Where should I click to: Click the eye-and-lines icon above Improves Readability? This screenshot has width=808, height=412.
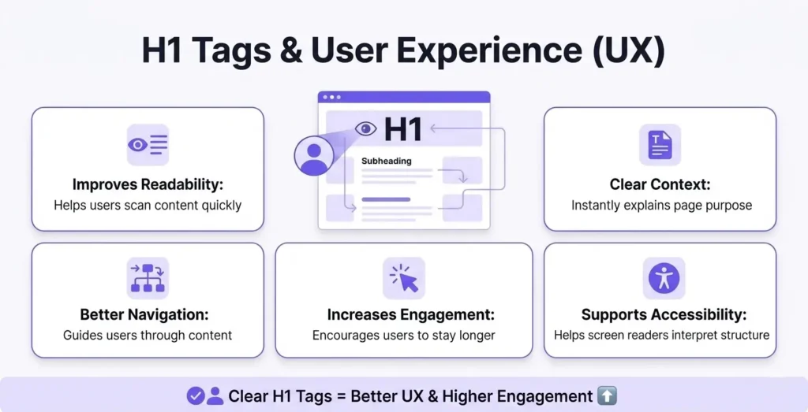(148, 145)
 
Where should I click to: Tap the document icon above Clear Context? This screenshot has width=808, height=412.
(660, 145)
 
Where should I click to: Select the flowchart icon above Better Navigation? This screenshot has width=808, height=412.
(148, 278)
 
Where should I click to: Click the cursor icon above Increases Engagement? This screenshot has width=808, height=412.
(404, 278)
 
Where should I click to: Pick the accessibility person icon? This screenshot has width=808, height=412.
(664, 278)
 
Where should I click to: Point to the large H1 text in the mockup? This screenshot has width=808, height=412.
(403, 130)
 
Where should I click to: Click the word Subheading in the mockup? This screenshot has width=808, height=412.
(386, 161)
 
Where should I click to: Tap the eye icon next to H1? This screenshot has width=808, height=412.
(365, 128)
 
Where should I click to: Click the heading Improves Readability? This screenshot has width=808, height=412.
(148, 184)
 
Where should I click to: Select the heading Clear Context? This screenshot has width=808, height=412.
(660, 184)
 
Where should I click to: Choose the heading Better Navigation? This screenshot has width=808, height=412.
(148, 314)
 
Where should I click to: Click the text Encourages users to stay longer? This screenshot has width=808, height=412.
(404, 335)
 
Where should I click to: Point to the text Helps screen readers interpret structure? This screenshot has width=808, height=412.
(660, 335)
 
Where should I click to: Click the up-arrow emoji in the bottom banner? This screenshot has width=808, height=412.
(608, 395)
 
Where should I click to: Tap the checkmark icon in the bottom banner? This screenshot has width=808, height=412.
(195, 395)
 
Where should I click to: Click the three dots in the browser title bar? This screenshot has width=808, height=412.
(332, 98)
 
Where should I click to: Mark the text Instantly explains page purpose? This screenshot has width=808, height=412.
(660, 205)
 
